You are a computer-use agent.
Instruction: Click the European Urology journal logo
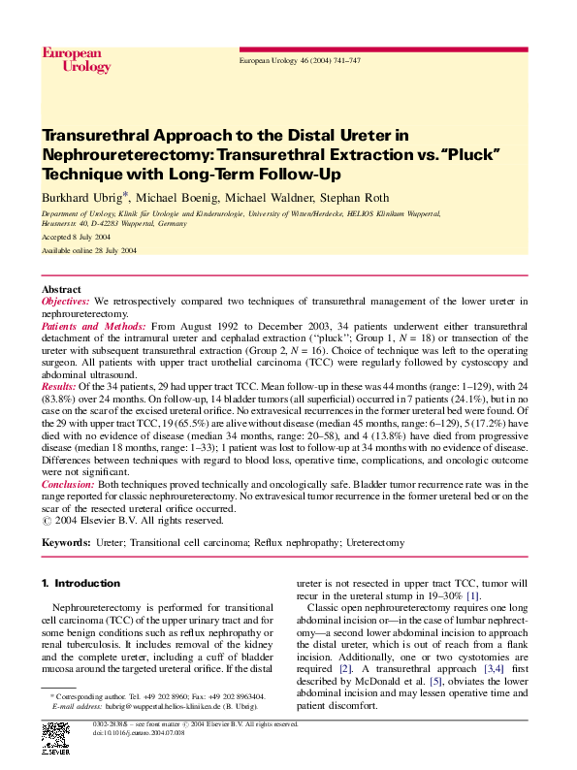[x=77, y=59]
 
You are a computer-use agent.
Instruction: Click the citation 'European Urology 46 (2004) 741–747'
[x=300, y=61]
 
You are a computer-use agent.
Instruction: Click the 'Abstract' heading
[x=61, y=290]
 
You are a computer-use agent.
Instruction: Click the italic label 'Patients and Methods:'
[x=95, y=328]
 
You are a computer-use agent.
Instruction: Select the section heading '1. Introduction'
[x=80, y=584]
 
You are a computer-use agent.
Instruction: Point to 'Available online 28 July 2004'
[x=89, y=250]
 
